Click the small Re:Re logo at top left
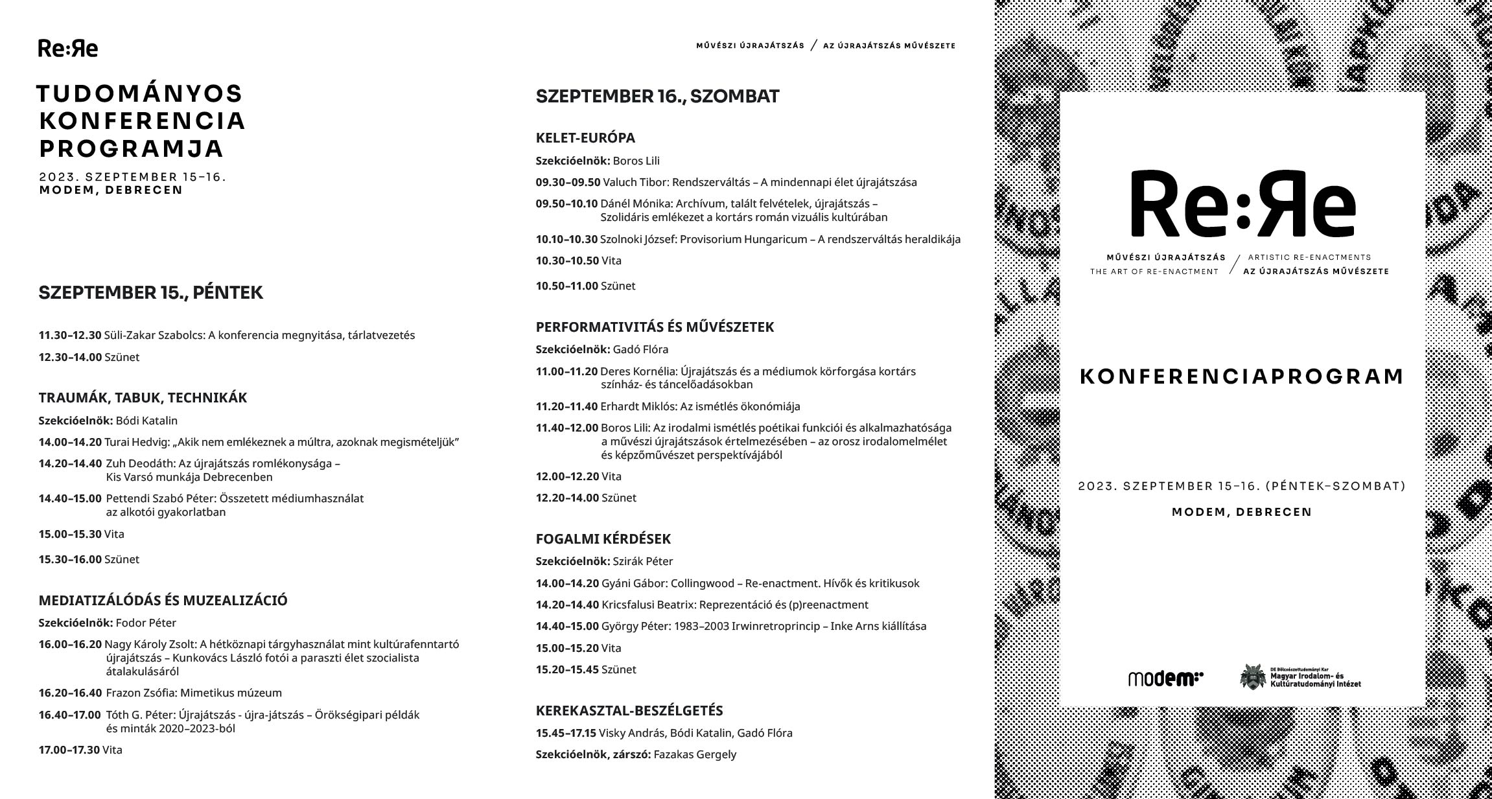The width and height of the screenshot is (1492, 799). coord(68,49)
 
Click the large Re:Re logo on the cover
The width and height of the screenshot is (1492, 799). coord(1242,204)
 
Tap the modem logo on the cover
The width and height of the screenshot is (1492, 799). coord(1165,678)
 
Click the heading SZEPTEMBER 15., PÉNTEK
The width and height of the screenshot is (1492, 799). coord(150,293)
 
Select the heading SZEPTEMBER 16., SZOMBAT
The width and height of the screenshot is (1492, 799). coord(657,97)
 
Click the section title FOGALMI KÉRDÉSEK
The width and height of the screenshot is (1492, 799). coord(603,539)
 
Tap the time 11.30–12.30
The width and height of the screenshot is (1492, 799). coord(70,336)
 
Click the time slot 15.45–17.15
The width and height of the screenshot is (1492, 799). coord(566,733)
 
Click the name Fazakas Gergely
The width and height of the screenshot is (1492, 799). coord(695,754)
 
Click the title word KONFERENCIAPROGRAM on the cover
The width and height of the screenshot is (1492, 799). coord(1242,376)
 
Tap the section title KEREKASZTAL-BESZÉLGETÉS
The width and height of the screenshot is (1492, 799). coord(629,711)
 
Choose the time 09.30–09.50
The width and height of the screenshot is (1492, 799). coord(568,183)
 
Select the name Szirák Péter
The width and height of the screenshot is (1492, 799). coord(643,561)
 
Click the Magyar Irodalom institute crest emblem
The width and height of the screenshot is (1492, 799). coord(1252,677)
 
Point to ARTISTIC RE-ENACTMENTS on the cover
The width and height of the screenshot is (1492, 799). coord(1309,257)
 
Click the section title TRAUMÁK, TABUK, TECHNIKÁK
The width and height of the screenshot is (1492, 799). coord(143,398)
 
